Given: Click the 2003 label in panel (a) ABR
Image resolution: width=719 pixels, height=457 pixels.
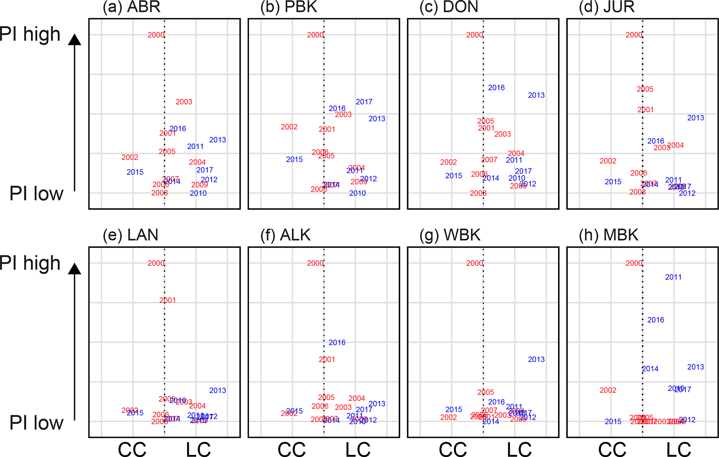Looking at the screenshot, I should (184, 102).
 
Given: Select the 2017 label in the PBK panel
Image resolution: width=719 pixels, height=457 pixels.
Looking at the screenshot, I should (364, 102).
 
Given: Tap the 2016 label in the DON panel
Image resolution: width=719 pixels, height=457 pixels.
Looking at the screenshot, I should (496, 88).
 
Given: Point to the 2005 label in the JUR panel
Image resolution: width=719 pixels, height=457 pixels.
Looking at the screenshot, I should (645, 89).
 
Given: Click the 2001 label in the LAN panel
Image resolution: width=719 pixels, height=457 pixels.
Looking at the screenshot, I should (167, 300).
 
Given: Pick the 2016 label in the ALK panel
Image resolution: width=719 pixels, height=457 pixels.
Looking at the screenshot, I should (337, 343).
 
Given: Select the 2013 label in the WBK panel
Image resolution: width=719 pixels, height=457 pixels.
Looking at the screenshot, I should (536, 359).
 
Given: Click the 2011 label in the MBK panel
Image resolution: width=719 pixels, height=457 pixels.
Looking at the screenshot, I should (673, 277).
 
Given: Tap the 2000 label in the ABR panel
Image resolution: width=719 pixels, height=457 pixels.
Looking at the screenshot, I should (155, 35).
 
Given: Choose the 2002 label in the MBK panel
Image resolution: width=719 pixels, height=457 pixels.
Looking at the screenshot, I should (608, 390).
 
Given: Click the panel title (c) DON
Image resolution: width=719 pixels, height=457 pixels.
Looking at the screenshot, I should (449, 7).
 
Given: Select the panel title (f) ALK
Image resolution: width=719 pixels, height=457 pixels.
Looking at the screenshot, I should (285, 235).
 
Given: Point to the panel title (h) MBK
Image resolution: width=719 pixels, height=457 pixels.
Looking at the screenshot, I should (608, 235).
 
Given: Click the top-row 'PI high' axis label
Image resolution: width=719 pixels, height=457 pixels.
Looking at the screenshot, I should (30, 34).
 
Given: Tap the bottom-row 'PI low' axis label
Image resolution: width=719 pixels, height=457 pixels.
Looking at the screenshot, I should (36, 423).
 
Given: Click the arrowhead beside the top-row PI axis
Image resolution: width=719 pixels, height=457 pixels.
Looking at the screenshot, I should (74, 39).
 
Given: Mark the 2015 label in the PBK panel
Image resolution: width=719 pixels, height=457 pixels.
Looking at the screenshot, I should (294, 160).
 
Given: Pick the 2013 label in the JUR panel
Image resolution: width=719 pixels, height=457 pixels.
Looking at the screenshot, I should (695, 118).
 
